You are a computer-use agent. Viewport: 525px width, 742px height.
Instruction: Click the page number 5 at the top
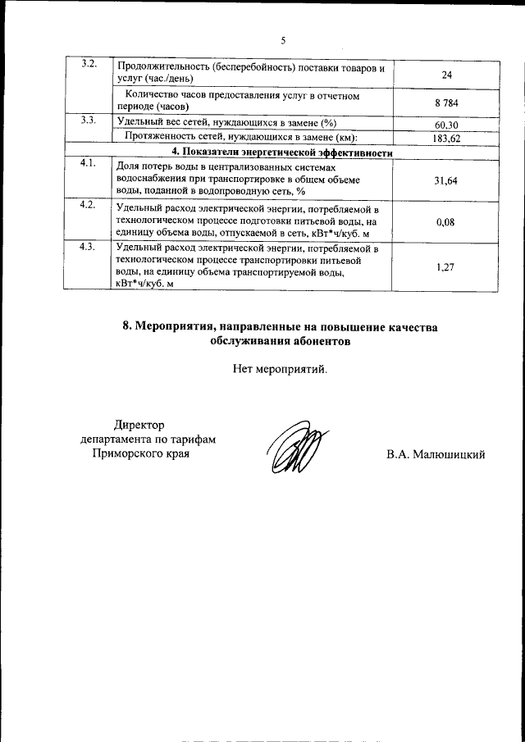283,40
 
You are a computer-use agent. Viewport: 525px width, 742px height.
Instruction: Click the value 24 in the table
447,75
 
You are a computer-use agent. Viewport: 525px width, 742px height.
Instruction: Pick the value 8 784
446,102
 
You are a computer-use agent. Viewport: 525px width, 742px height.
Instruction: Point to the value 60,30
446,125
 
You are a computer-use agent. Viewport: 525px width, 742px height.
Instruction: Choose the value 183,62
446,139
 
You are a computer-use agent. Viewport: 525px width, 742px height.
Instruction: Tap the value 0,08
446,221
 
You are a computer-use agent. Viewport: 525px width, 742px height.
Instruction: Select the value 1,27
446,266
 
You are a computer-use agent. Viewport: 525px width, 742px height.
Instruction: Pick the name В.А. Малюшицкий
436,454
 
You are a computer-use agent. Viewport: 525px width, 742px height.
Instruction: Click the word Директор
139,424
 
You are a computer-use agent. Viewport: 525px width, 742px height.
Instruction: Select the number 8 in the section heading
127,326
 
